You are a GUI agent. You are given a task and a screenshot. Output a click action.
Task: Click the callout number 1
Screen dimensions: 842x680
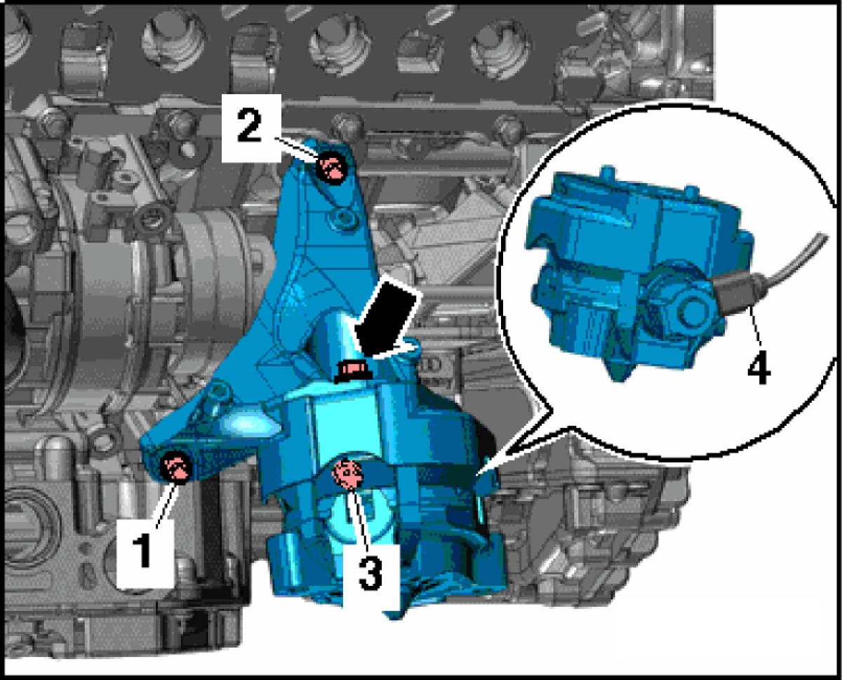pos(142,550)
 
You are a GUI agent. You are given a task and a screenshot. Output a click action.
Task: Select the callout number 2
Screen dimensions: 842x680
pos(249,126)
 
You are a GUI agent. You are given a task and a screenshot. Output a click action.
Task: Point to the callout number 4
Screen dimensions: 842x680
pos(759,368)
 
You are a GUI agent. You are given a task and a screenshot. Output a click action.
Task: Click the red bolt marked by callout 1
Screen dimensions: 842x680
pos(176,467)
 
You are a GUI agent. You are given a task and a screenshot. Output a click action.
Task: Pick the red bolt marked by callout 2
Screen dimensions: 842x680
pos(332,169)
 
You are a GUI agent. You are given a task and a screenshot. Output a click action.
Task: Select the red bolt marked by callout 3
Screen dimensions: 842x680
pos(347,474)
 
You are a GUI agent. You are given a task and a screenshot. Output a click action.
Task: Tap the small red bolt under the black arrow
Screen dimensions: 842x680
pos(352,371)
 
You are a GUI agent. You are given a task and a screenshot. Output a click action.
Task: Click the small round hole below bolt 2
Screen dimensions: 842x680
pos(342,217)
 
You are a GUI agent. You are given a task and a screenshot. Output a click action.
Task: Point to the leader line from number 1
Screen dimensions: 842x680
pos(166,505)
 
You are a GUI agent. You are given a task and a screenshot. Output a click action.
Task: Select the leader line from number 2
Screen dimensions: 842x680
pos(295,149)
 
